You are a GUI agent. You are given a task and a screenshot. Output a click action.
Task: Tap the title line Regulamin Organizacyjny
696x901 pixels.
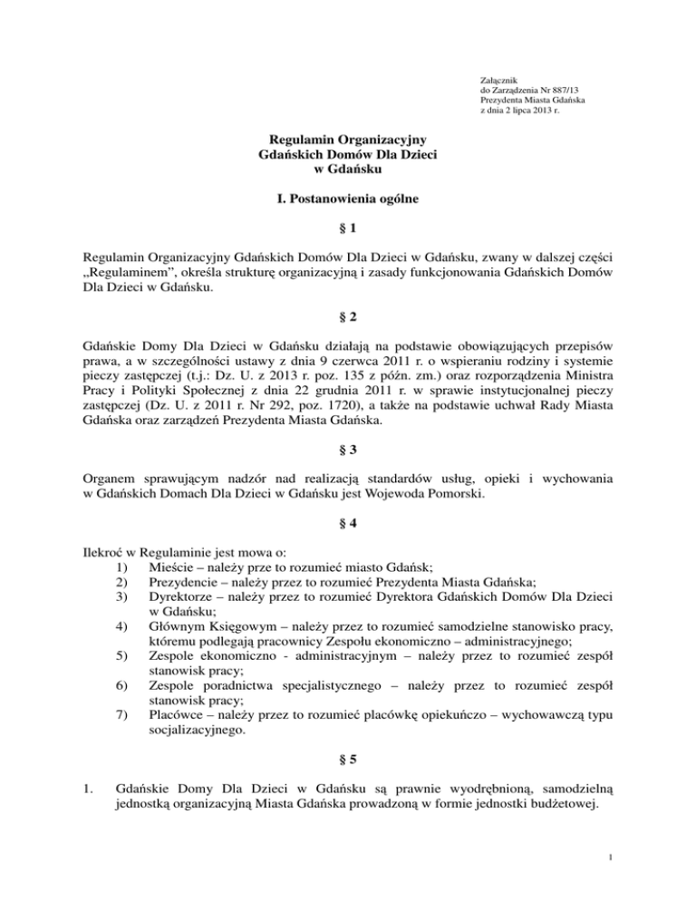(348, 140)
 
